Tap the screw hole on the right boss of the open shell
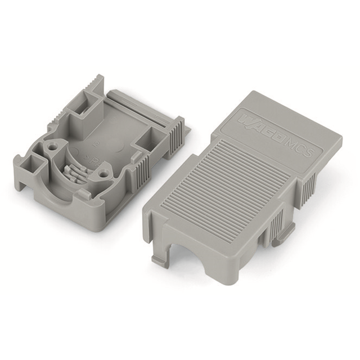tap(102, 175)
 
